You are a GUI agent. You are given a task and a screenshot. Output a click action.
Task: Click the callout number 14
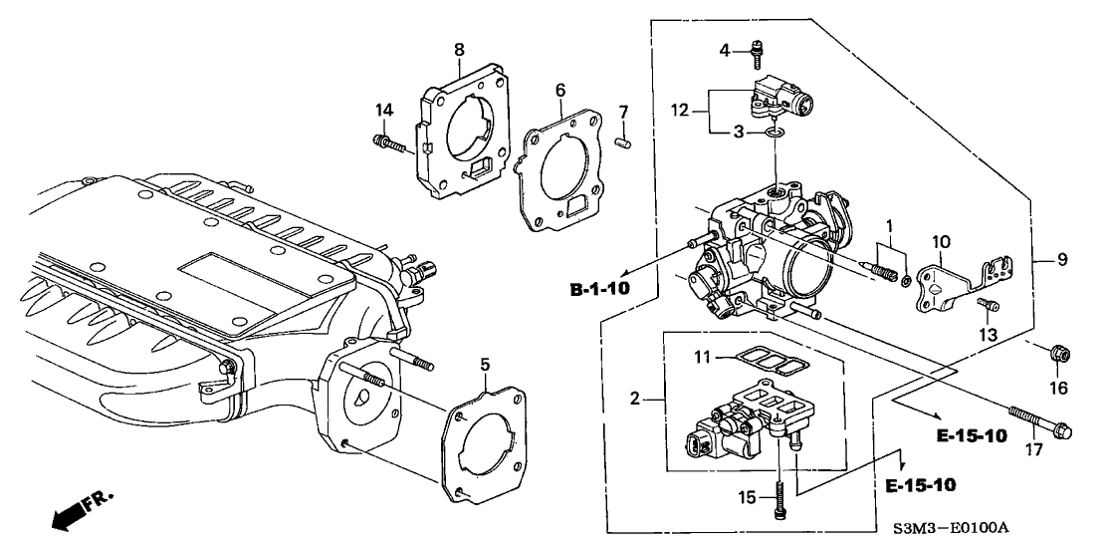383,109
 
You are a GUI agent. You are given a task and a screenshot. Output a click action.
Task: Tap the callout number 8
459,49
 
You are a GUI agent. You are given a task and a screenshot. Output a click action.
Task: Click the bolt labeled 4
757,48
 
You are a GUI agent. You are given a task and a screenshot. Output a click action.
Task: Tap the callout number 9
1061,260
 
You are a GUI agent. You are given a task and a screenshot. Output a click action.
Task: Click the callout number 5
485,365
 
